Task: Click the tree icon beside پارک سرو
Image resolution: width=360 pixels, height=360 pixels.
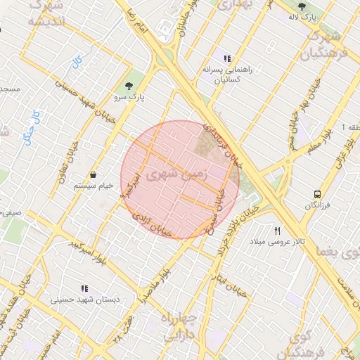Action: [x=127, y=86]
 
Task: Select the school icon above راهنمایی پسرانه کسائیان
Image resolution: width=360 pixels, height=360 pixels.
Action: [x=226, y=58]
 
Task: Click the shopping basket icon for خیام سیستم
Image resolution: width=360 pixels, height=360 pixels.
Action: [x=93, y=174]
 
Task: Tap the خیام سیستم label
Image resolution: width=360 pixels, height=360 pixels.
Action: [x=93, y=186]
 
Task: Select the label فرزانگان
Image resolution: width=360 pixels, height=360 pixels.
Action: [x=318, y=205]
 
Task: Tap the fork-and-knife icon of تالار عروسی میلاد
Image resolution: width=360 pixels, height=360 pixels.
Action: [x=278, y=231]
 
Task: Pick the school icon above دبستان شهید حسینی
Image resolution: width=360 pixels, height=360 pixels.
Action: [x=84, y=288]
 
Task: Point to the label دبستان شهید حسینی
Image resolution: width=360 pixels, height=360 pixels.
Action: [x=84, y=300]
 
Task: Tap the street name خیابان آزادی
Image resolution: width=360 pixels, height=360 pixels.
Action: [x=153, y=224]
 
